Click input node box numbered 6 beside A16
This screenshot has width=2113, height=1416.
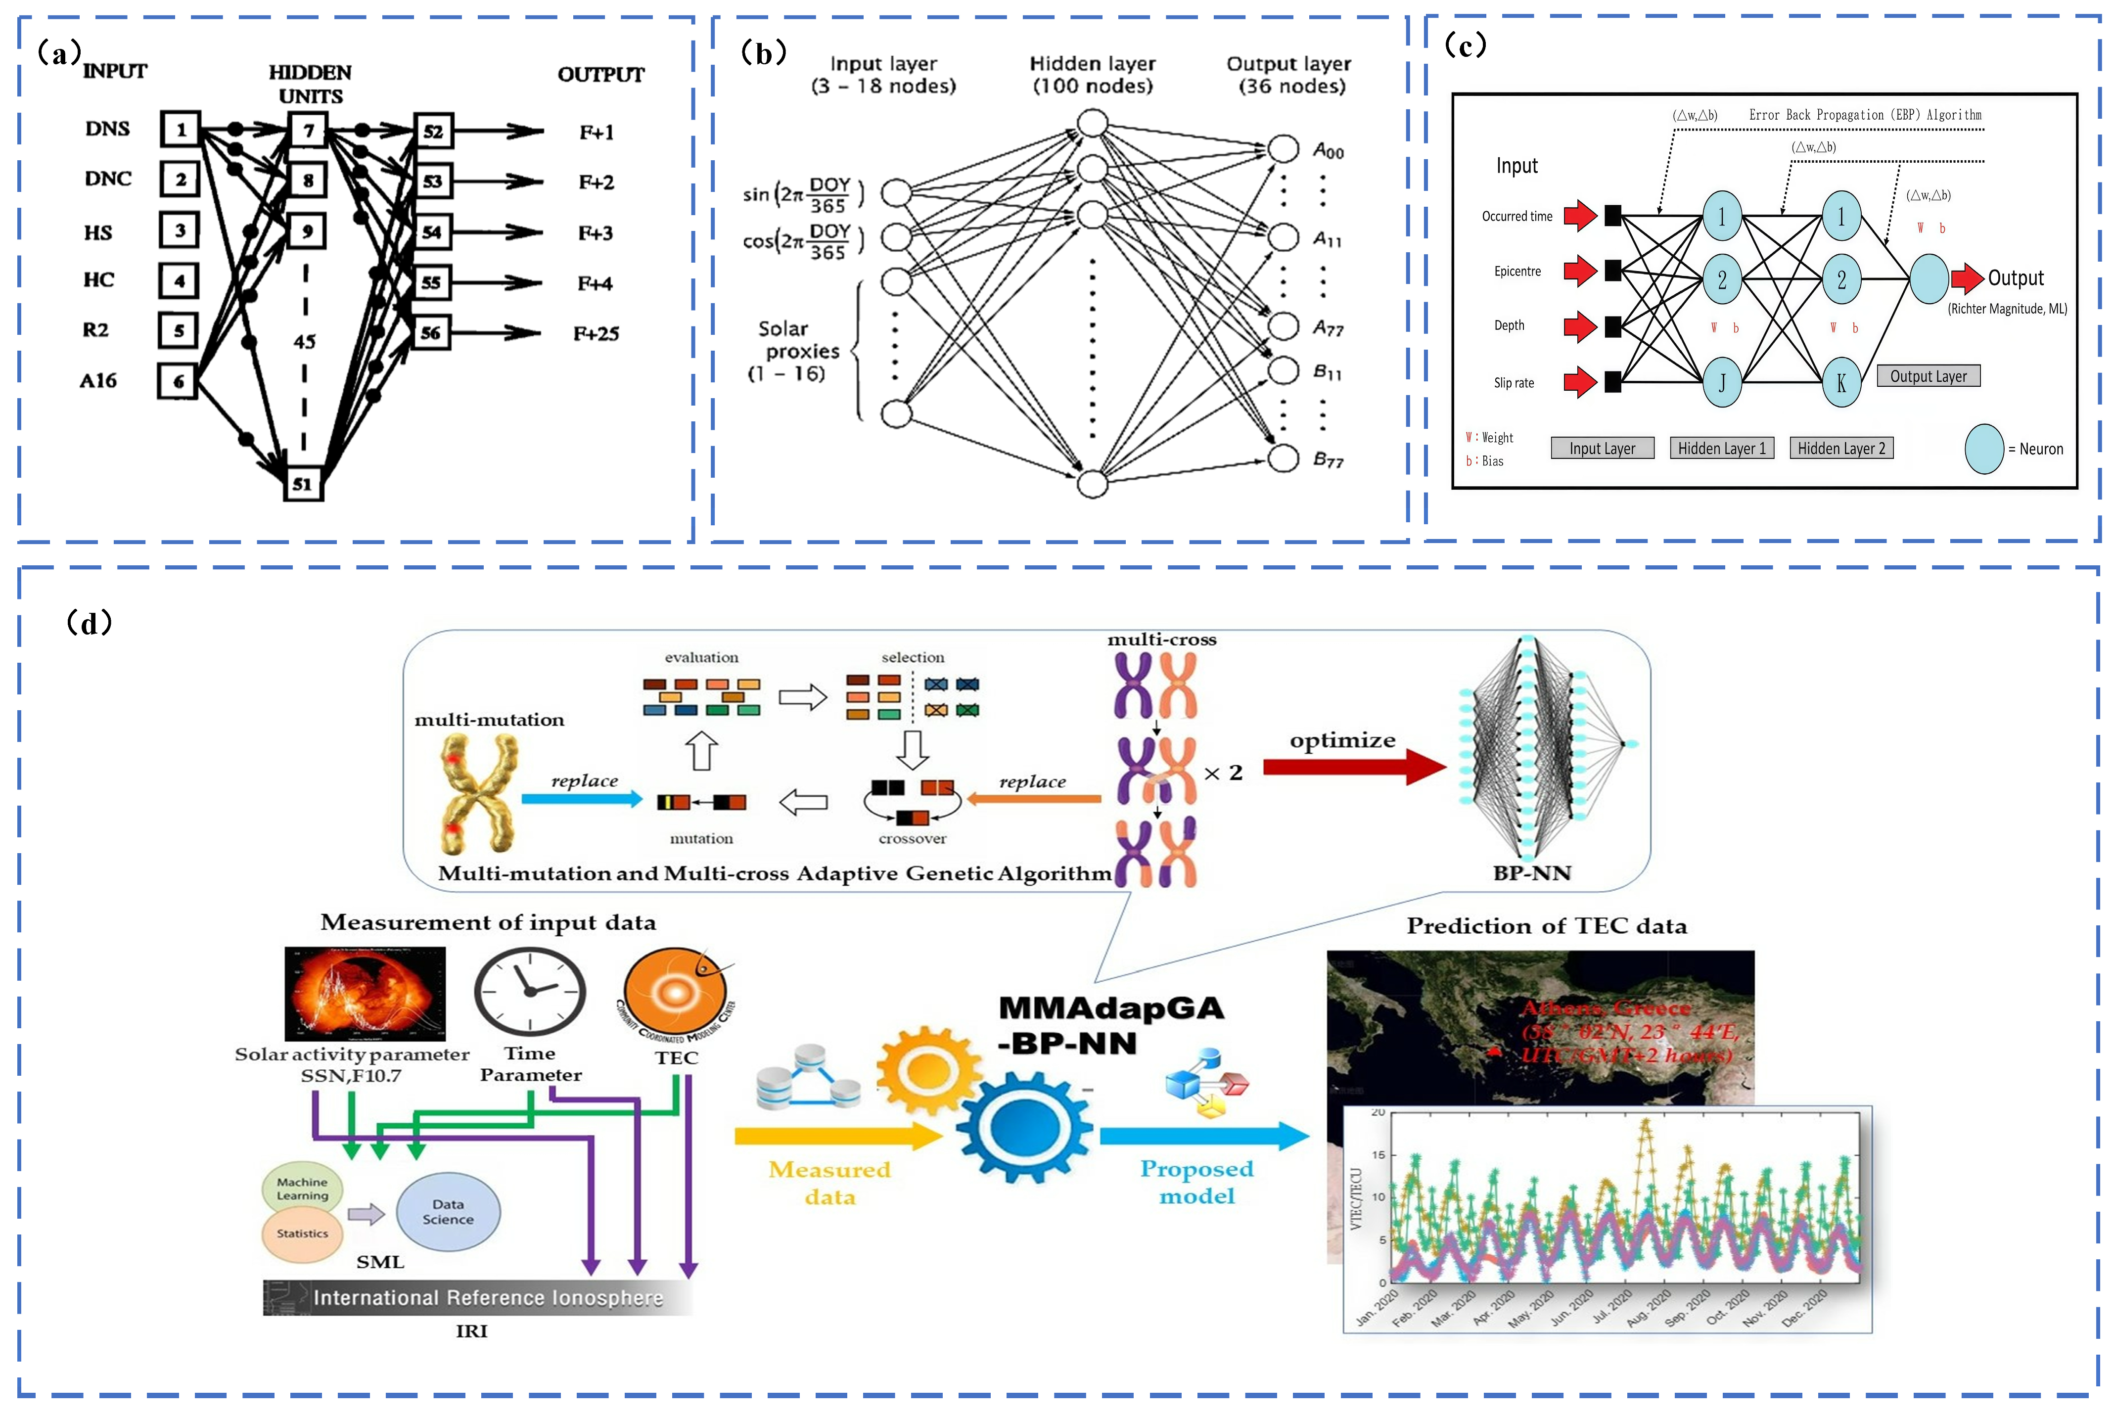tap(178, 381)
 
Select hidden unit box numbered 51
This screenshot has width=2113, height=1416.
tap(303, 484)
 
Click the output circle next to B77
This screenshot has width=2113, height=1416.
tap(1283, 458)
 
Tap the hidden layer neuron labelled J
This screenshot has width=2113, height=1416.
tap(1722, 383)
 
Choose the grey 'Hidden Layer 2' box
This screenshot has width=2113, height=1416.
tap(1841, 449)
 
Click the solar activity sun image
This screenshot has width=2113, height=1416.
tap(365, 993)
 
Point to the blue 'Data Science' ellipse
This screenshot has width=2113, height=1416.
tap(448, 1211)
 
